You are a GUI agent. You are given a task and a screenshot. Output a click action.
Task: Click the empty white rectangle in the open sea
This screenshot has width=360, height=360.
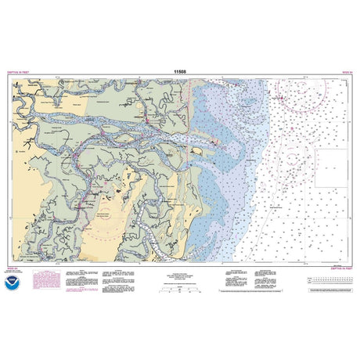pos(333,167)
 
